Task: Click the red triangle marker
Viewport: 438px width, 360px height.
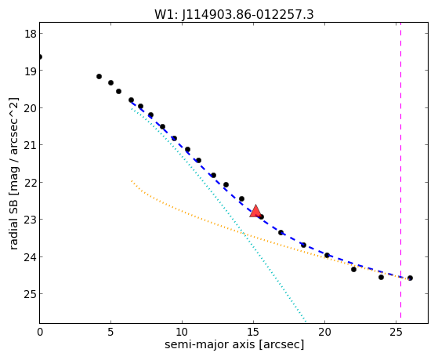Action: coord(255,211)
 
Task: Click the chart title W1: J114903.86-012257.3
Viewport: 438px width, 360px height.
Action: coord(234,15)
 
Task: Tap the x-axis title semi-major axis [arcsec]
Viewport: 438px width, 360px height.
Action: coord(234,344)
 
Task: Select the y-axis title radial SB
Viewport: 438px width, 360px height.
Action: coord(13,221)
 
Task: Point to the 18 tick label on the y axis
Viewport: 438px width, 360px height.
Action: coord(30,34)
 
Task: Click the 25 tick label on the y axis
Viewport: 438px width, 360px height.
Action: coord(30,294)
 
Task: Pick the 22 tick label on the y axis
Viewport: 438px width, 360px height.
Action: coord(30,183)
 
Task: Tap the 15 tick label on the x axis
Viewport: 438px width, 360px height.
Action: coord(253,332)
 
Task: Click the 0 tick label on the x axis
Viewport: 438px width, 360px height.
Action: coord(40,332)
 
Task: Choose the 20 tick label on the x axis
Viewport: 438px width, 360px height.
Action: coord(324,332)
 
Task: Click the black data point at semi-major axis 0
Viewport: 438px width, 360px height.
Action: coord(40,57)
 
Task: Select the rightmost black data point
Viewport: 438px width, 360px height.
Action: coord(410,278)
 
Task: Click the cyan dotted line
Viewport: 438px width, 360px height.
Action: coord(219,216)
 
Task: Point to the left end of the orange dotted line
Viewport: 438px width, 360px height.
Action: coord(132,181)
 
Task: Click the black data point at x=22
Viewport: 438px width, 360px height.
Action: coord(353,269)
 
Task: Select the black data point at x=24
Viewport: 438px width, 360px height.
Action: coord(381,277)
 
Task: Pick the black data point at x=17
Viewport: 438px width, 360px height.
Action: coord(281,232)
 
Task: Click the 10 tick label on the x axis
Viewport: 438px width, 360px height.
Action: coord(182,332)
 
